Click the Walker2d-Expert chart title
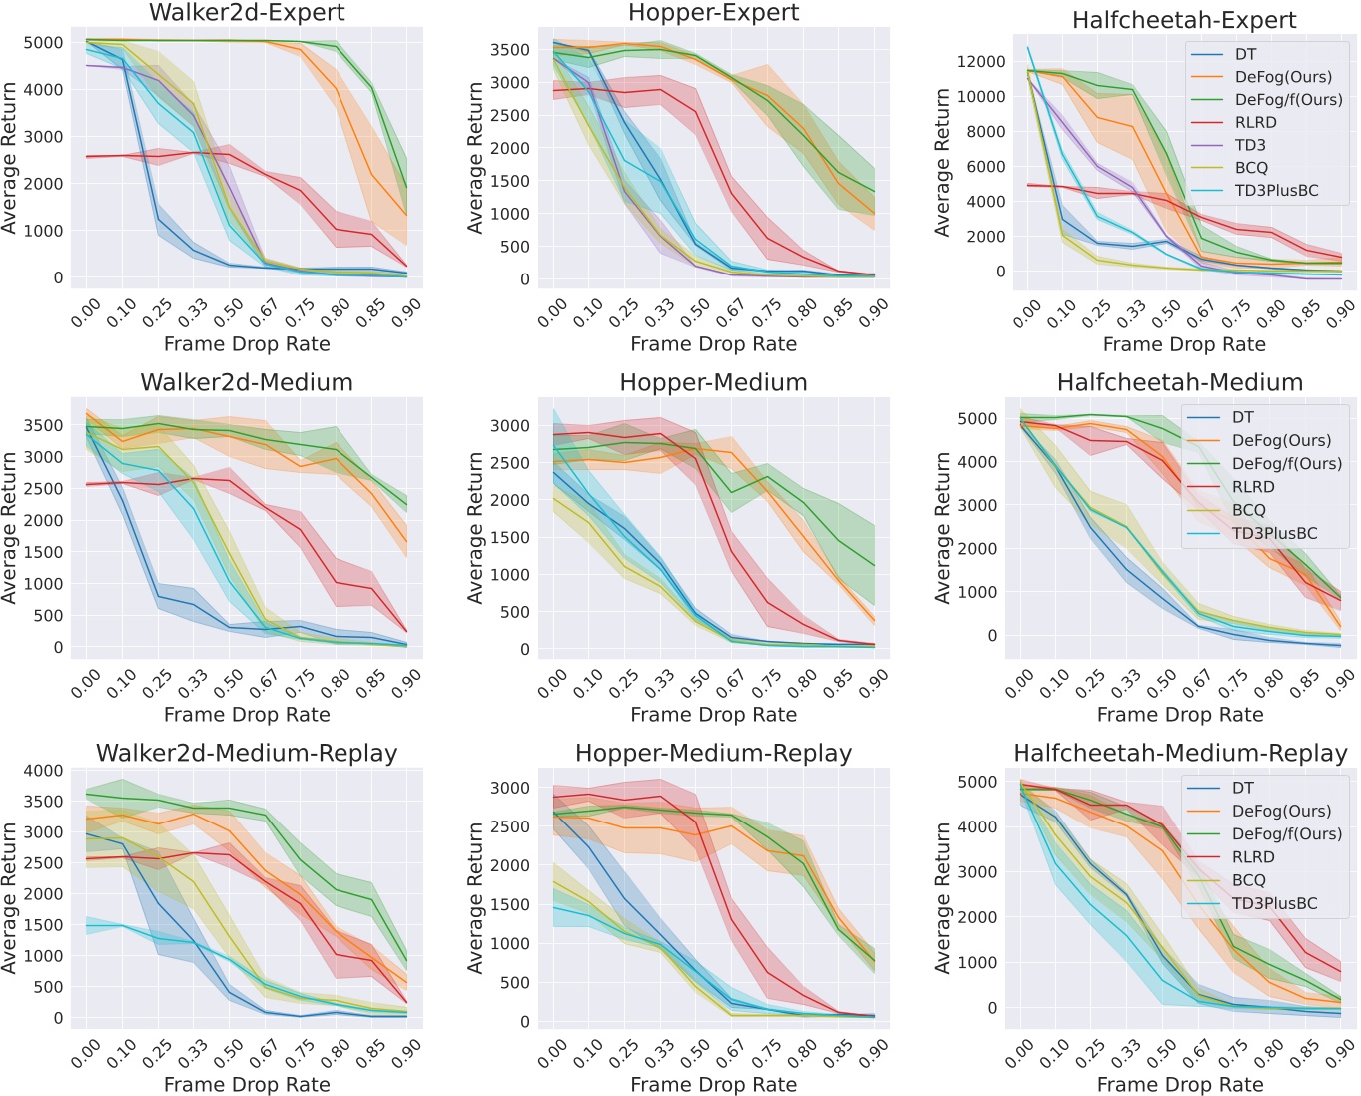coord(247,13)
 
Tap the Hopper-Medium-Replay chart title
coord(713,753)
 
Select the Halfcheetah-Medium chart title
coord(1179,382)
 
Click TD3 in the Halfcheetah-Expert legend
coord(1250,145)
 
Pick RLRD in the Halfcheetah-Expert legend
coord(1255,122)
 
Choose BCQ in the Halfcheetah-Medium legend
coord(1248,510)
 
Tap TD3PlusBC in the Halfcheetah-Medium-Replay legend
coord(1274,903)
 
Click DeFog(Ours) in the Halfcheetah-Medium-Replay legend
coord(1281,811)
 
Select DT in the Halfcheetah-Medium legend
coord(1242,417)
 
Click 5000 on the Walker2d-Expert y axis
coord(44,42)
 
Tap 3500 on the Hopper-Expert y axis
coord(510,49)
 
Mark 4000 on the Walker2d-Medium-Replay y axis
coord(44,770)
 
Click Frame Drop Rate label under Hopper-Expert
coord(713,344)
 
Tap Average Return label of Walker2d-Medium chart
coord(11,527)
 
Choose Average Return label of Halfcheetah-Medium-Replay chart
coord(943,897)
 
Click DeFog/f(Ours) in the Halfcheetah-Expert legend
coord(1288,99)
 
